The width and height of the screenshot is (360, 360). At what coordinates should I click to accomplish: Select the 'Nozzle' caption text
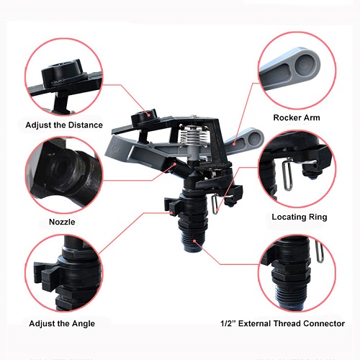pos(63,222)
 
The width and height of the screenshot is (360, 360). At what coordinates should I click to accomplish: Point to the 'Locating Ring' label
pos(299,216)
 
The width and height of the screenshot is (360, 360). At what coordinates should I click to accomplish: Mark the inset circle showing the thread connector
pos(297,274)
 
